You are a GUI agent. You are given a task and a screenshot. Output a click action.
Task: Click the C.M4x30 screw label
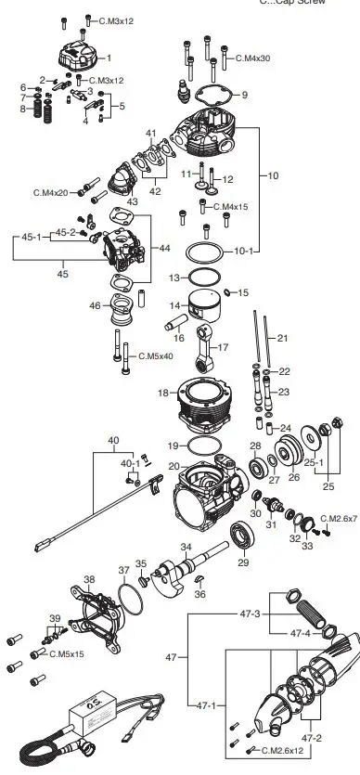(x=251, y=58)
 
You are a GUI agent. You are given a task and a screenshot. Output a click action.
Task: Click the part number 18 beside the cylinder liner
(x=161, y=394)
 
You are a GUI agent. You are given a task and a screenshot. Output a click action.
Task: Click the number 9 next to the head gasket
(x=244, y=95)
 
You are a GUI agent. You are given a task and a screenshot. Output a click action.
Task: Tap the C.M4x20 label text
(x=52, y=192)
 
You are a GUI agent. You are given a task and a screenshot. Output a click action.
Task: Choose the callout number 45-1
(x=28, y=238)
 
